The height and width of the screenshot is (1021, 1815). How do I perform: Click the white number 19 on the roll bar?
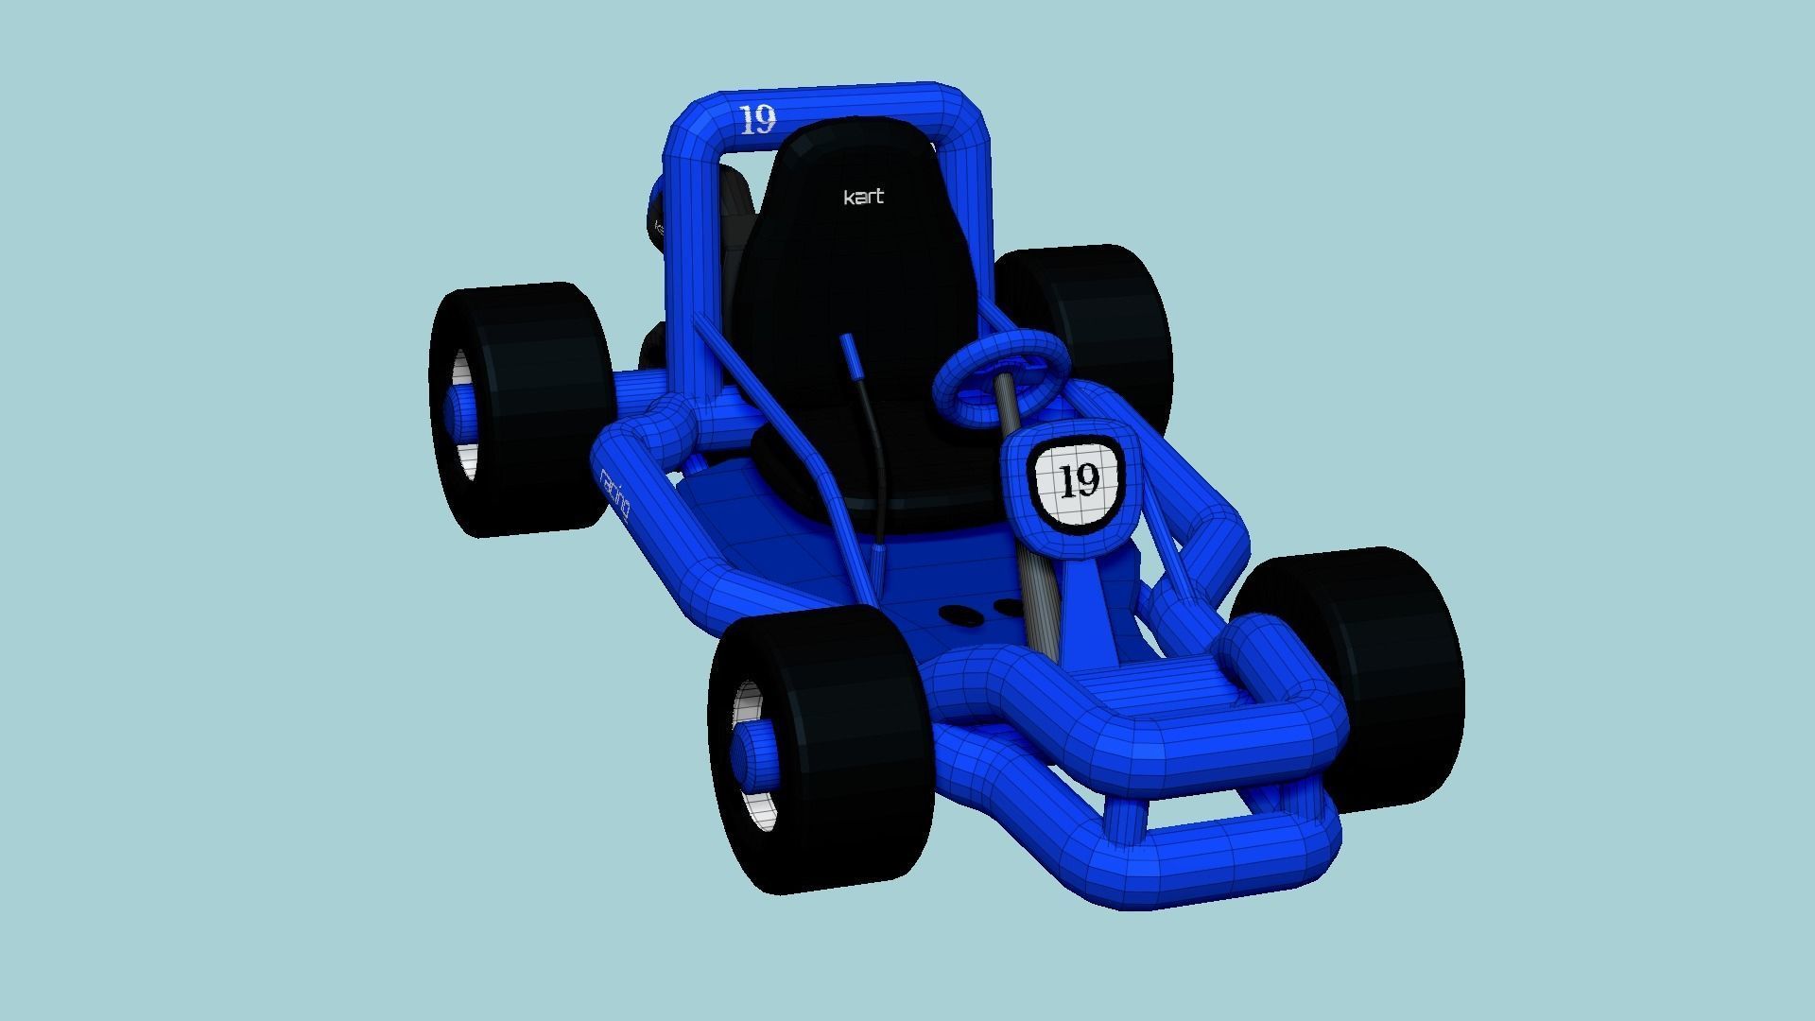[757, 120]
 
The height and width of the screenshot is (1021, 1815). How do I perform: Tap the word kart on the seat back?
[863, 197]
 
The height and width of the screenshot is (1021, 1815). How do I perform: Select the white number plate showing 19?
[1078, 481]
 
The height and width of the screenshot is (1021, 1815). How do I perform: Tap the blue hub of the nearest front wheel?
[756, 756]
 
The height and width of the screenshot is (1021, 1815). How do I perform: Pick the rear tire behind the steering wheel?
[1106, 312]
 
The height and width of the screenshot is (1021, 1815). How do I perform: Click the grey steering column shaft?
[1030, 586]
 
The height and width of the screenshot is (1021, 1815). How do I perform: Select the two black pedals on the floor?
[983, 610]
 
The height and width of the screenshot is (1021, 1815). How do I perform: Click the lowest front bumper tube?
[1229, 865]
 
